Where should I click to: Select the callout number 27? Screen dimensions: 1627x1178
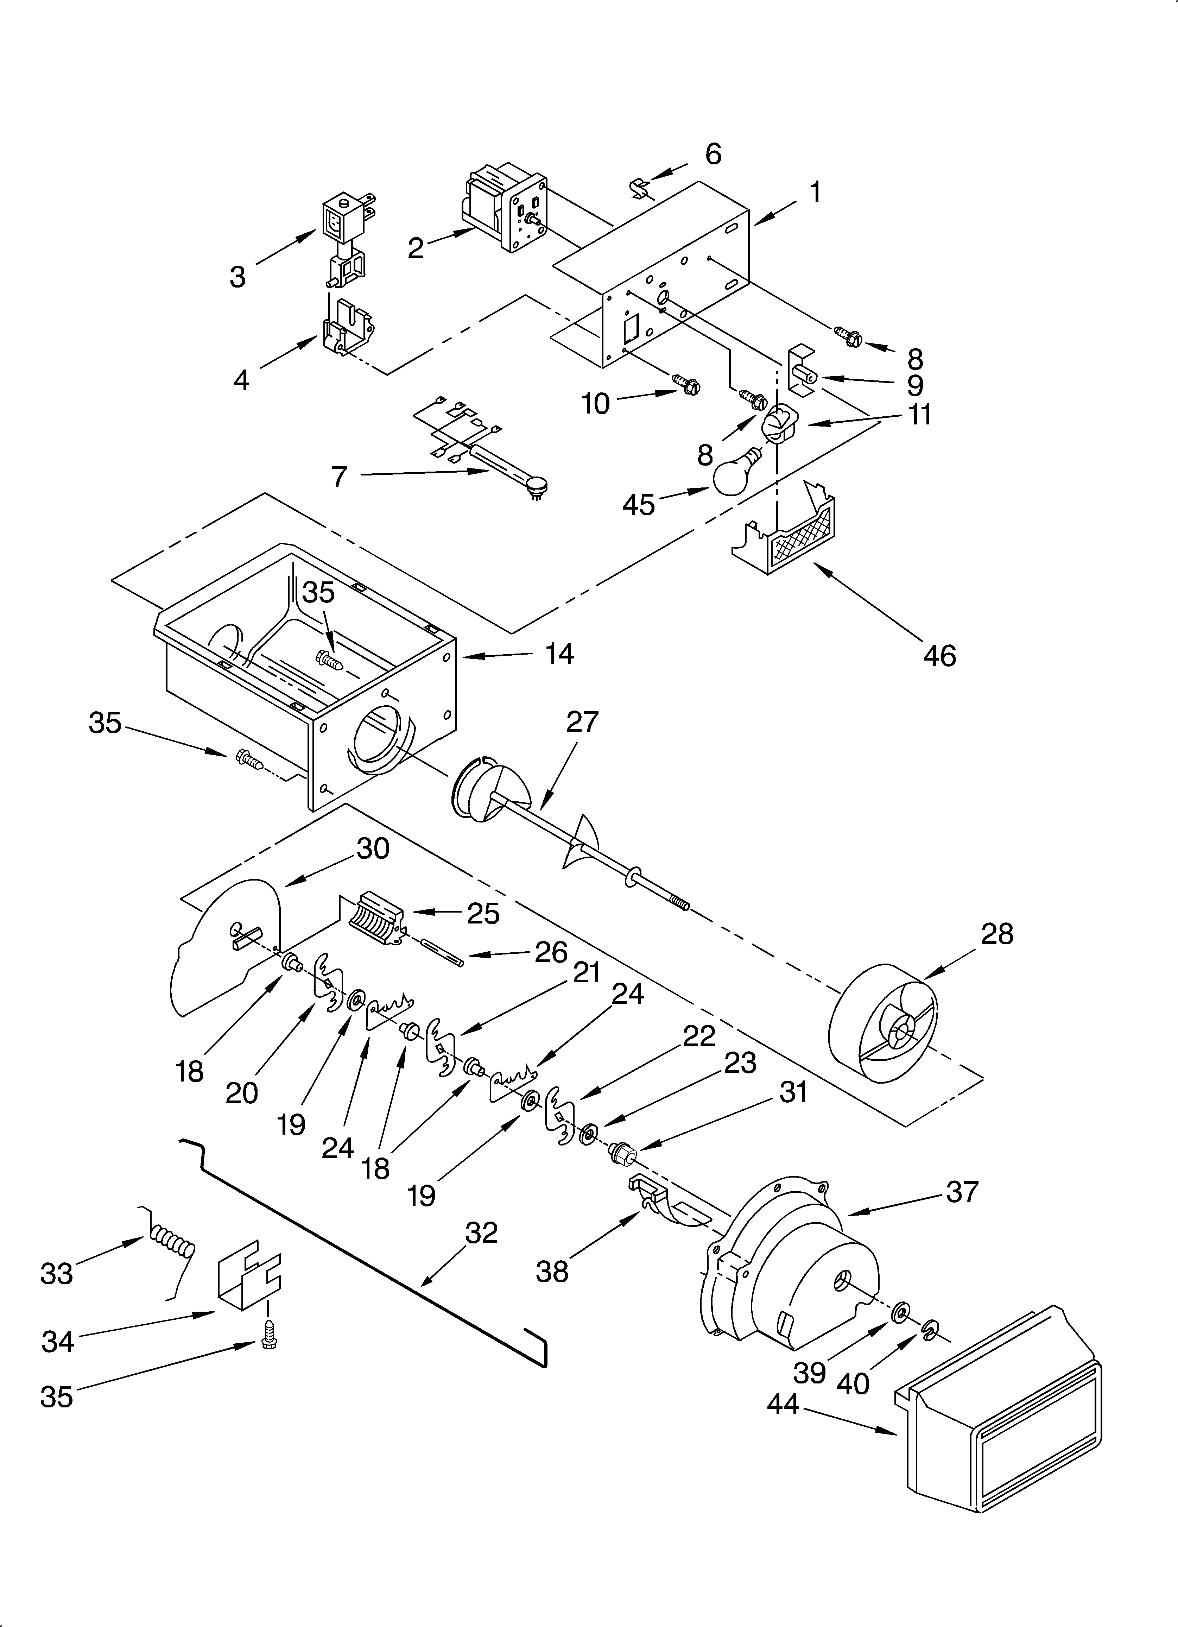point(582,722)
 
